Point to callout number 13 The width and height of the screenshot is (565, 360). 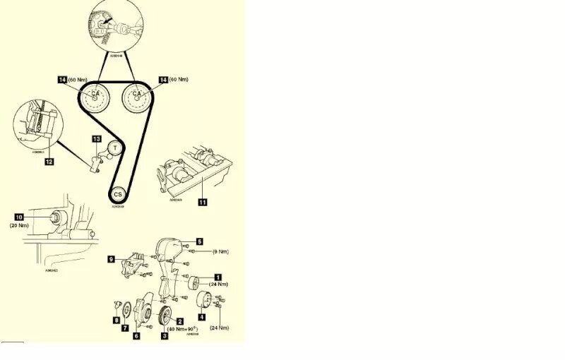pyautogui.click(x=97, y=138)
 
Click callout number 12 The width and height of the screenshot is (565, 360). pyautogui.click(x=49, y=162)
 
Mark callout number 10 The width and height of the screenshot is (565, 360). pyautogui.click(x=19, y=216)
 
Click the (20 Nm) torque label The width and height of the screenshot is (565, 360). pyautogui.click(x=19, y=226)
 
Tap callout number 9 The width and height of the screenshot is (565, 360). pyautogui.click(x=112, y=259)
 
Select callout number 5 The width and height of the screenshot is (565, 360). pyautogui.click(x=200, y=241)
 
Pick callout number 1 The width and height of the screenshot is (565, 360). pyautogui.click(x=218, y=276)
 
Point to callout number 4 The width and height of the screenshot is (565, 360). pyautogui.click(x=201, y=317)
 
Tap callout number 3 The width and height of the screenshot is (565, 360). pyautogui.click(x=165, y=335)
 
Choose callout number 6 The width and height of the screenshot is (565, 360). pyautogui.click(x=136, y=336)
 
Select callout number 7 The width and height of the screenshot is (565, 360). pyautogui.click(x=125, y=328)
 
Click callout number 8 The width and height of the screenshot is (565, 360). pyautogui.click(x=117, y=320)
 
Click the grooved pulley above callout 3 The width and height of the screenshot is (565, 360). pyautogui.click(x=166, y=315)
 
